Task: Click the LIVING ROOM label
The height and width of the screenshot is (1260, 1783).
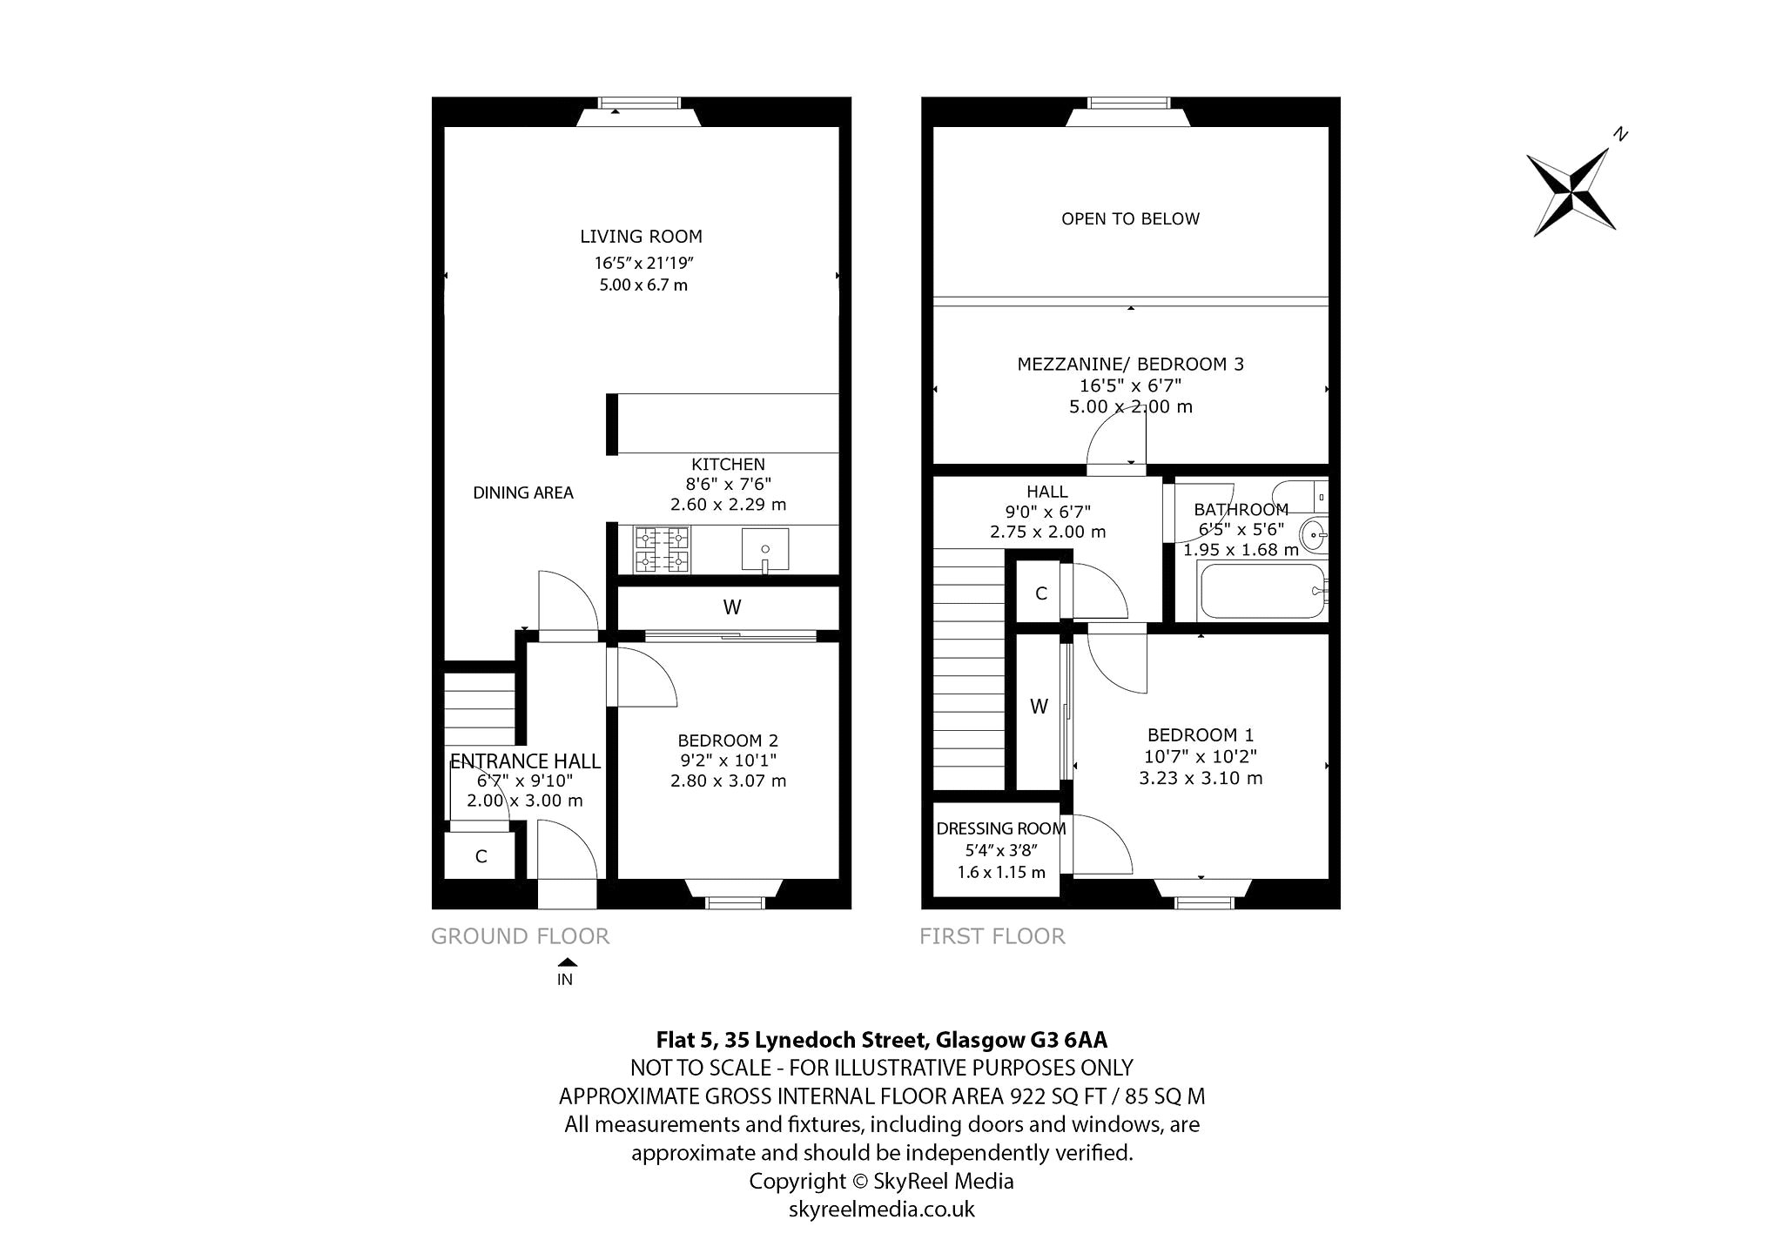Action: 641,236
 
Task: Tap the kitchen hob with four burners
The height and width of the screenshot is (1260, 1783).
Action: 662,550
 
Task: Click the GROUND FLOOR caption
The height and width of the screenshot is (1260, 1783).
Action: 521,936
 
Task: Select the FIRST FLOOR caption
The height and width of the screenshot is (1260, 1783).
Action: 992,936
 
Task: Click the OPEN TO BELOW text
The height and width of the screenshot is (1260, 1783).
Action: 1130,219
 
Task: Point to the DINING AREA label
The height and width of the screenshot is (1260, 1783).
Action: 523,493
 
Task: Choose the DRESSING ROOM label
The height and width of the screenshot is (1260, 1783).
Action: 1001,828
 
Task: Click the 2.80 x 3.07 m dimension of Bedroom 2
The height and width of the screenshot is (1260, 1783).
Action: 728,781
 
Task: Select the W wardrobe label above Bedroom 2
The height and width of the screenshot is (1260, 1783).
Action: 731,607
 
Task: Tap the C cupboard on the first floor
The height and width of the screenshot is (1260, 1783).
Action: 1040,593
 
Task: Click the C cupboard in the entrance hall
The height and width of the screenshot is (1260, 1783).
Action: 481,857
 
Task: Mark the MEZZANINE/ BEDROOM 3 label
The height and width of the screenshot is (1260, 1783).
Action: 1130,365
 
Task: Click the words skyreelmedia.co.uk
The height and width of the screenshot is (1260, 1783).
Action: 881,1210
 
